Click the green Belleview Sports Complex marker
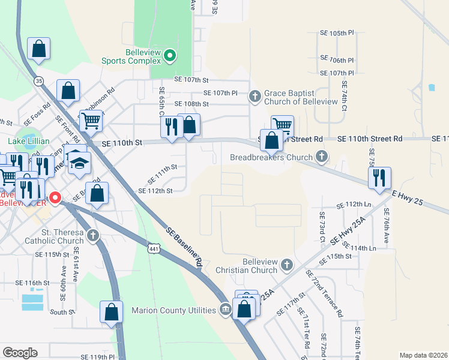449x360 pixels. pyautogui.click(x=170, y=56)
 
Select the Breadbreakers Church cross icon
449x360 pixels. pyautogui.click(x=322, y=157)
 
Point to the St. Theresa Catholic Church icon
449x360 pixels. pyautogui.click(x=93, y=235)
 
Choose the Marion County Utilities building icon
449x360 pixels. pyautogui.click(x=224, y=310)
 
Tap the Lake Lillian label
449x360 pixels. pyautogui.click(x=29, y=142)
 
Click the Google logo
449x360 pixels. pyautogui.click(x=20, y=352)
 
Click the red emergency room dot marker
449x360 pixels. pyautogui.click(x=55, y=197)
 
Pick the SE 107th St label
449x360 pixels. pyautogui.click(x=191, y=79)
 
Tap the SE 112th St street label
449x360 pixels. pyautogui.click(x=155, y=191)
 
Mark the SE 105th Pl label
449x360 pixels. pyautogui.click(x=342, y=33)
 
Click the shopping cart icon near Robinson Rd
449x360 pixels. pyautogui.click(x=91, y=120)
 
